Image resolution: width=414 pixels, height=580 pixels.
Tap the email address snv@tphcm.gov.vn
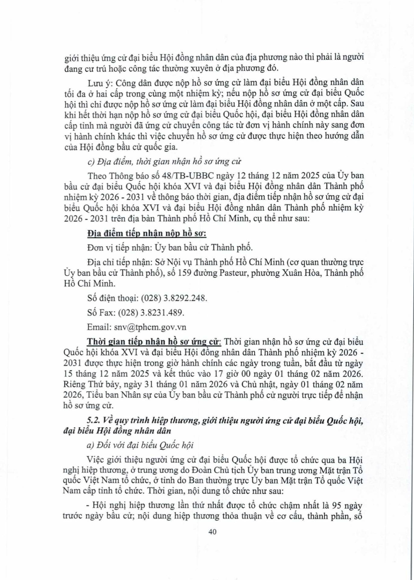coord(150,327)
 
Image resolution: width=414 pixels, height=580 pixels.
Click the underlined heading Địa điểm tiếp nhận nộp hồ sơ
coord(147,234)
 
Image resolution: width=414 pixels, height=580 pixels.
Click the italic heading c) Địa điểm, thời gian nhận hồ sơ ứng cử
coord(164,162)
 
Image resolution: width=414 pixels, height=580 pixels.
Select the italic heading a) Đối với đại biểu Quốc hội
coord(140,445)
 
